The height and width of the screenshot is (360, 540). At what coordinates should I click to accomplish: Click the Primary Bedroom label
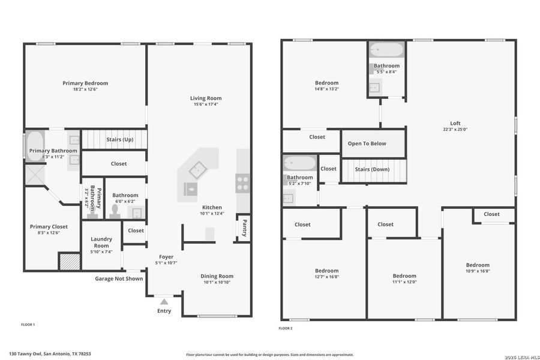pos(85,83)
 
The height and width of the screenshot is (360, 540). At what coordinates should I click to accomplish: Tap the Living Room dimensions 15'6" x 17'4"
pos(206,105)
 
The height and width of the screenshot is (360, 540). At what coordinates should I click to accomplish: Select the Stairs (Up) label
pos(119,140)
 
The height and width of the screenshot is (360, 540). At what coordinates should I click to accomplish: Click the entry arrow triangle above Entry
pos(164,301)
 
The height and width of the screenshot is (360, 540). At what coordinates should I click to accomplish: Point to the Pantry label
pos(244,227)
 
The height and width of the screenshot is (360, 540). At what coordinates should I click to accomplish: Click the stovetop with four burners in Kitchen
pos(243,182)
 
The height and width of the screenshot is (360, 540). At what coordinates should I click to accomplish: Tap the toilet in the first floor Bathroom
pos(115,211)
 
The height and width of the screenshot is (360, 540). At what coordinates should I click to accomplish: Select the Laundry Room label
pos(101,242)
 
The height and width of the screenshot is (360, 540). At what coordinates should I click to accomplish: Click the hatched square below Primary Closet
pos(69,262)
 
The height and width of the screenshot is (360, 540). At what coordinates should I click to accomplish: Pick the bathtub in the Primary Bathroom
pos(34,145)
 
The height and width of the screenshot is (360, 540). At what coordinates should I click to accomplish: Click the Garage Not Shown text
pos(119,278)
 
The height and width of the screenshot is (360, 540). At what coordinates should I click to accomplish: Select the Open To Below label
pos(367,143)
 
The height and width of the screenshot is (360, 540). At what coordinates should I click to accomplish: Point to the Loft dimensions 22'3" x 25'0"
pos(455,129)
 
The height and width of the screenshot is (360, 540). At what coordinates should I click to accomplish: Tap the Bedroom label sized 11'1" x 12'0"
pos(403,276)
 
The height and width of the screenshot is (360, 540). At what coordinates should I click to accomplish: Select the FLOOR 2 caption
pos(286,328)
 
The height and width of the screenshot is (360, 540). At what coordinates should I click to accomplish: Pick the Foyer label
pos(166,256)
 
